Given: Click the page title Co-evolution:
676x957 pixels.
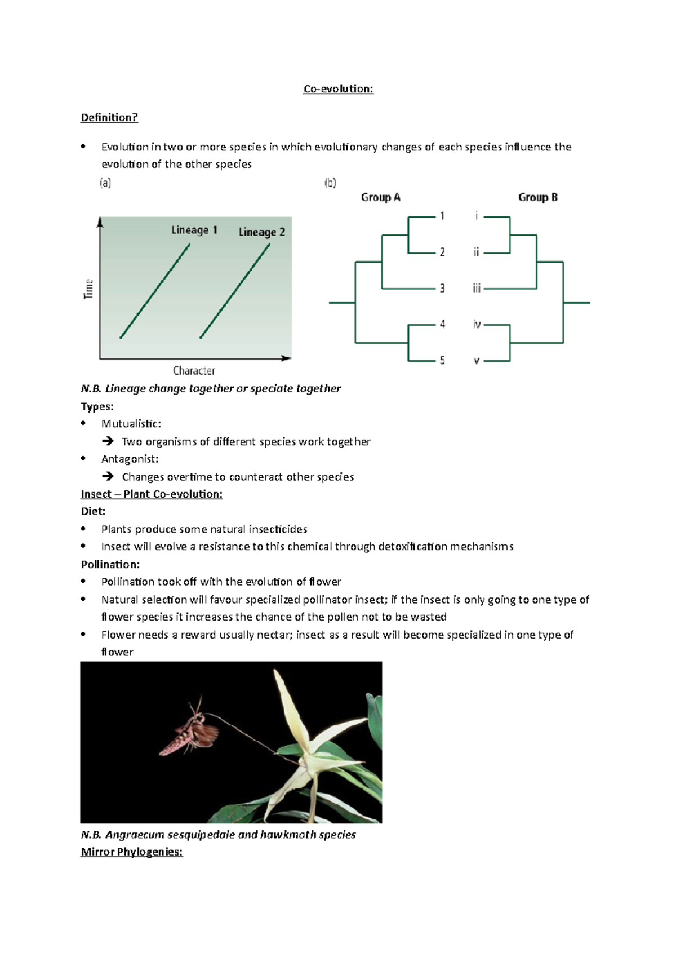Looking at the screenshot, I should tap(338, 89).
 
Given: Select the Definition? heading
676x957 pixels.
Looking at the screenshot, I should tap(109, 118).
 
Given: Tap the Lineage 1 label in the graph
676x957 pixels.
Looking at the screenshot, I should tap(194, 230).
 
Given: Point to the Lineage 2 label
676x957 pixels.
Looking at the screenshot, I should tap(261, 232).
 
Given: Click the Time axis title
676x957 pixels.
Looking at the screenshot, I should tap(88, 289).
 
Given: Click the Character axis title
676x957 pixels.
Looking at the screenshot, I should tap(194, 371).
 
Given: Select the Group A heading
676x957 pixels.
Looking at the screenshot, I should tap(380, 197).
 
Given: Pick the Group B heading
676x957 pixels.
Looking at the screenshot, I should tap(537, 197).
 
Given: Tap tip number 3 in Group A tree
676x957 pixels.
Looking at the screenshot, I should tap(442, 288).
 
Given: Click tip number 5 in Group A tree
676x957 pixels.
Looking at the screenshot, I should tap(442, 360).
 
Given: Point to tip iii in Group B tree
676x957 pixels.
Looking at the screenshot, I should tap(477, 289).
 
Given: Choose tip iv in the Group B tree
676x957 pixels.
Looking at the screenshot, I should tap(477, 324).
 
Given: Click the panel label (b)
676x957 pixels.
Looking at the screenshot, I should tap(330, 183).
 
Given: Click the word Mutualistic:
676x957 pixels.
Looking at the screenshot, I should tap(131, 424).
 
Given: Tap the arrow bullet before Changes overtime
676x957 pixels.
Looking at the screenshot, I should tap(108, 476).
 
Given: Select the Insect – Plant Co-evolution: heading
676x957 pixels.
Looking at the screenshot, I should tap(152, 494).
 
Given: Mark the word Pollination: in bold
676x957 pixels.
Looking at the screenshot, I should tap(110, 564).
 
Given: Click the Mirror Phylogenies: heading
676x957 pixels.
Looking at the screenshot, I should tap(132, 852).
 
